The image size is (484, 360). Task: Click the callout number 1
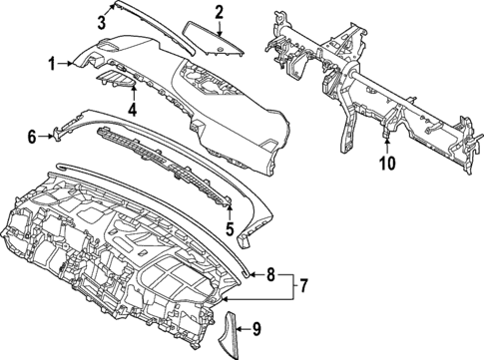coord(52,65)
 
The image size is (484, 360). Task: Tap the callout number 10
coord(388,161)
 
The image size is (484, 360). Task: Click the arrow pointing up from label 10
coord(388,145)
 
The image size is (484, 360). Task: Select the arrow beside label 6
coord(45,136)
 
